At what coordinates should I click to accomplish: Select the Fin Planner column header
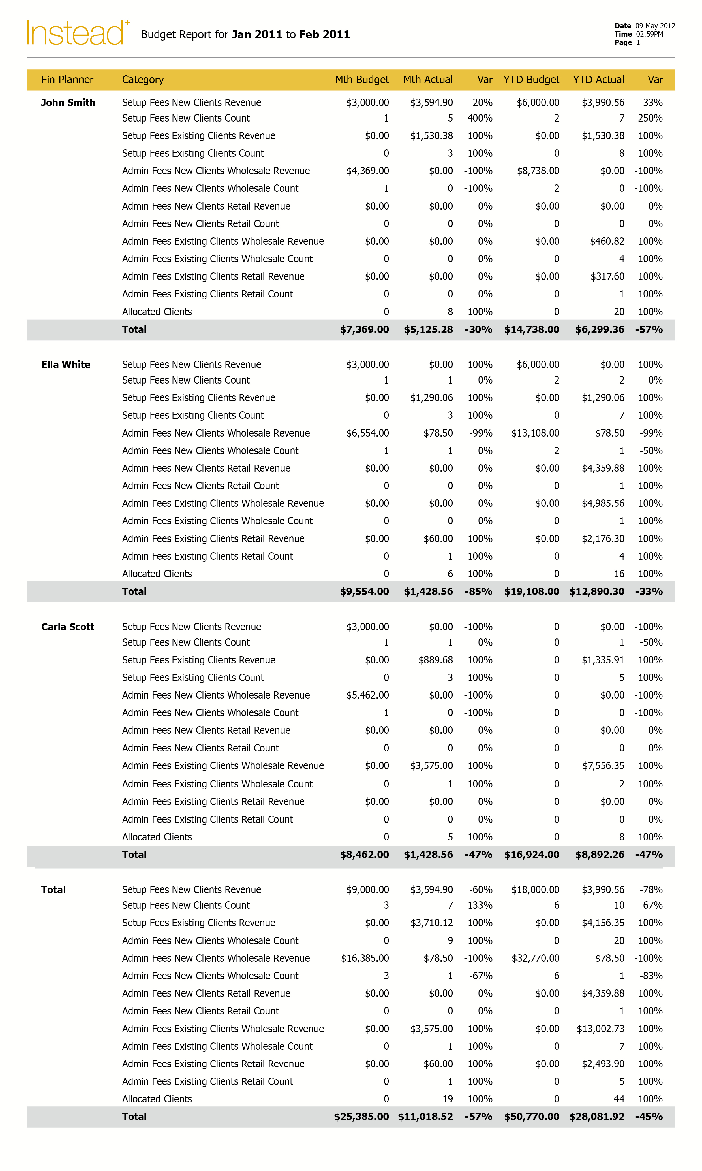click(67, 80)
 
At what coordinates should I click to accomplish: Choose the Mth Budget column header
click(361, 80)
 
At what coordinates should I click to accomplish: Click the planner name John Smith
click(68, 103)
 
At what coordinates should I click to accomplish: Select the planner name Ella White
click(66, 365)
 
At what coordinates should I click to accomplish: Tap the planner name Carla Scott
click(68, 627)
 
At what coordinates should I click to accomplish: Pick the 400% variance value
click(480, 118)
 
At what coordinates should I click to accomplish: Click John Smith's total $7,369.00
click(364, 329)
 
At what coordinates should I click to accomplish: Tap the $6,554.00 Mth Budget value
click(367, 433)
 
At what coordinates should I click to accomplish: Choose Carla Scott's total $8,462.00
click(364, 855)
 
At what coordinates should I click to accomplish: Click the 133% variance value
click(480, 906)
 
